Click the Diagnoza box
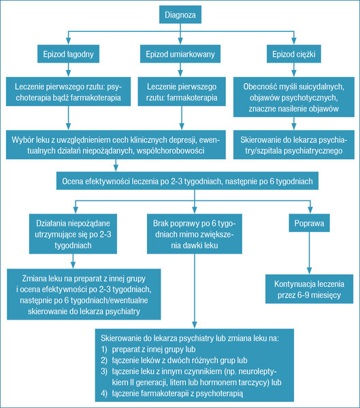[180, 14]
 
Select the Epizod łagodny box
[68, 54]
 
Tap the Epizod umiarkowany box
[180, 54]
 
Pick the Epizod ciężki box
[294, 54]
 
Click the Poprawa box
[309, 223]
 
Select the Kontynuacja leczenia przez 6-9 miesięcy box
[309, 289]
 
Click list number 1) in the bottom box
[104, 350]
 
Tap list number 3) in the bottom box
[104, 371]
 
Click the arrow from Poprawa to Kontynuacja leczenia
[309, 253]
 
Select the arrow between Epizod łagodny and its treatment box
[68, 70]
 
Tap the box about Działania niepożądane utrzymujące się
[73, 234]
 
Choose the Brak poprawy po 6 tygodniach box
[195, 234]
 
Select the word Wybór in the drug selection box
[20, 140]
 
